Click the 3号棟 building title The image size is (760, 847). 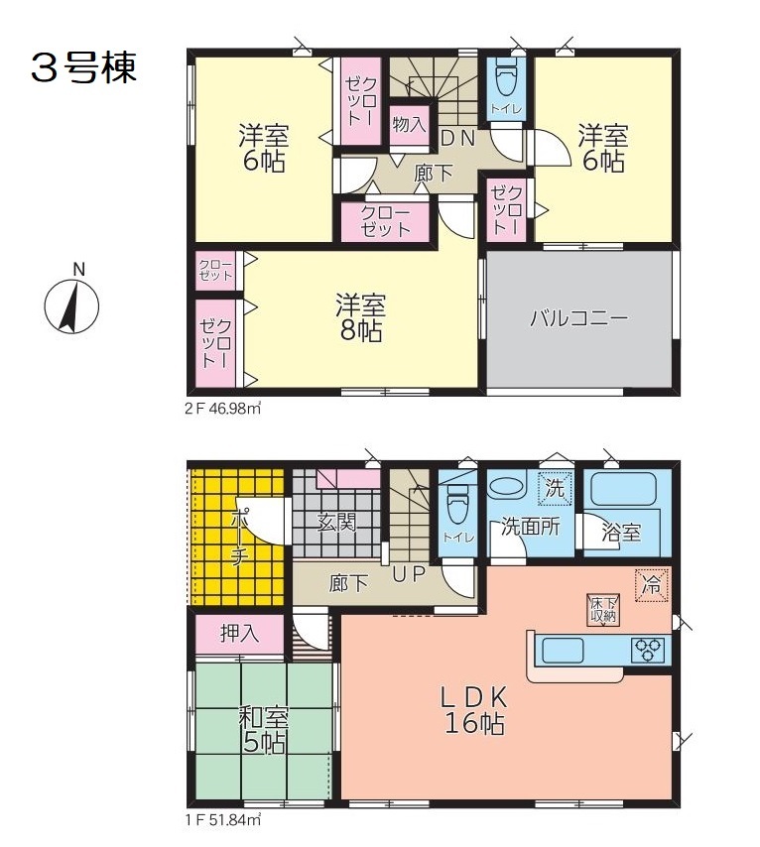coord(83,68)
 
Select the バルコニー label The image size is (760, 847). coord(578,317)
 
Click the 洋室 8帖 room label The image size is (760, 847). coord(360,317)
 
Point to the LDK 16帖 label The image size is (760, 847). coord(474,710)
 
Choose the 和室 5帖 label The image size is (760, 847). coord(264,730)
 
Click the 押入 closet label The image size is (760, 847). coord(239,633)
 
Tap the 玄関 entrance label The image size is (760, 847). coord(336,522)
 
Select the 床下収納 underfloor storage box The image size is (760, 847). coord(603,610)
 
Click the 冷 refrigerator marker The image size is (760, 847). coord(651,585)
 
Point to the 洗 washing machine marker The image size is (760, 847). coord(555,489)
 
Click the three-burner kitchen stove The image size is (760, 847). coord(649,650)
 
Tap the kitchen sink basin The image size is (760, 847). coord(563,650)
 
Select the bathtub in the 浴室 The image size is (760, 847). coord(623,489)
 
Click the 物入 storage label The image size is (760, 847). coord(409,125)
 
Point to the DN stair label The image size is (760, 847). coord(458,138)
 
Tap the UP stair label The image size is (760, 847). coord(409,574)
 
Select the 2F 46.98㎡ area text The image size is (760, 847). coord(223,409)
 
